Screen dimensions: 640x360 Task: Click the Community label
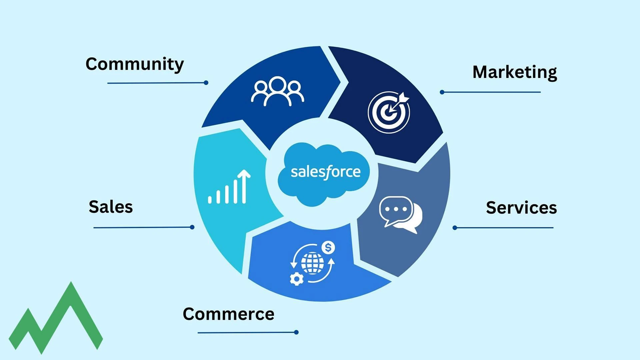tap(135, 64)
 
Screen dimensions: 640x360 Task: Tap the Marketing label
tap(515, 72)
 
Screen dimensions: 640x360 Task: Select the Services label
tap(521, 208)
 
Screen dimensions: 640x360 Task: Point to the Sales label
tap(111, 207)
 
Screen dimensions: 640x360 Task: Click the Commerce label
tap(229, 314)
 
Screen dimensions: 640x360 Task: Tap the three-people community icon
tap(277, 91)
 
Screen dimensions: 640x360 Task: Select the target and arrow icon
tap(389, 112)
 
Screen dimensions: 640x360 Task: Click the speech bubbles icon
tap(401, 215)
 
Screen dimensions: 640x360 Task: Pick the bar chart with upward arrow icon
tap(229, 187)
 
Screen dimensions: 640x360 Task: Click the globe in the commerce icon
tap(312, 263)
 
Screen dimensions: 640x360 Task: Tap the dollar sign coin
tap(328, 248)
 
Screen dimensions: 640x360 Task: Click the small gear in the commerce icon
tap(296, 279)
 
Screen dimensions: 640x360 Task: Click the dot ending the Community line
tap(206, 83)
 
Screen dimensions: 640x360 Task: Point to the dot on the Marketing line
tap(442, 92)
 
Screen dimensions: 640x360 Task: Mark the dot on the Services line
tap(455, 228)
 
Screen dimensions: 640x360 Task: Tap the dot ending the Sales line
tap(192, 227)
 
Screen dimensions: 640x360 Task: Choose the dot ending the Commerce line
tap(296, 332)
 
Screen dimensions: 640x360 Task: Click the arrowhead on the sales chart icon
tap(244, 174)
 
